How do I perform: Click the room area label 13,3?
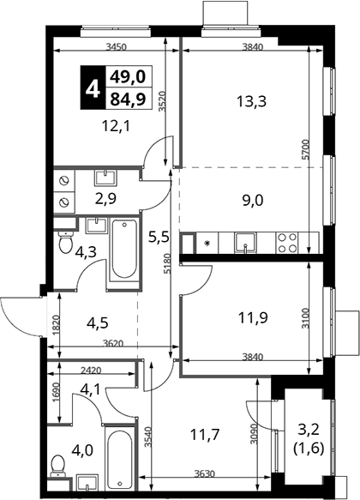click(251, 102)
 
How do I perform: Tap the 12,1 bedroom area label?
click(117, 127)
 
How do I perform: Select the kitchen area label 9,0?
click(253, 201)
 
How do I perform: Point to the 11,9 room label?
click(253, 317)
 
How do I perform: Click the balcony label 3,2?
click(308, 431)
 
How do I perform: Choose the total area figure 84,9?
click(128, 99)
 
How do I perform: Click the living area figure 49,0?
click(128, 76)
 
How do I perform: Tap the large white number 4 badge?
click(93, 87)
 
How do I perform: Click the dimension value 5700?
click(305, 149)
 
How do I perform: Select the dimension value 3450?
click(117, 47)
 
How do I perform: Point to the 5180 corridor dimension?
click(168, 263)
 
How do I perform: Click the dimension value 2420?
click(91, 370)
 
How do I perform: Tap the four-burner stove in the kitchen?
click(287, 243)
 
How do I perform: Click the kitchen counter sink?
click(245, 244)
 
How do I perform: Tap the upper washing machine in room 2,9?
click(64, 180)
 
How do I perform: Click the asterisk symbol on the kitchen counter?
click(207, 244)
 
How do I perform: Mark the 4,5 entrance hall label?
click(98, 322)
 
